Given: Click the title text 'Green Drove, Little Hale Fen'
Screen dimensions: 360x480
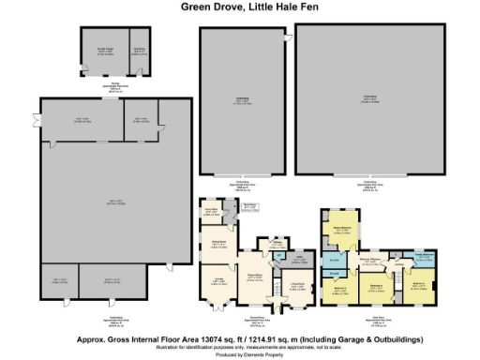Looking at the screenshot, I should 239,7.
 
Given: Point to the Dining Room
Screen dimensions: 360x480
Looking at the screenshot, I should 217,247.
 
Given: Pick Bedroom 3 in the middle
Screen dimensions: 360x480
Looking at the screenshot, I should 375,284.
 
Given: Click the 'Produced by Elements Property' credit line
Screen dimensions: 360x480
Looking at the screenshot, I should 239,354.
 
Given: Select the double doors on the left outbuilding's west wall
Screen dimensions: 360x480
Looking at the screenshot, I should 37,123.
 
